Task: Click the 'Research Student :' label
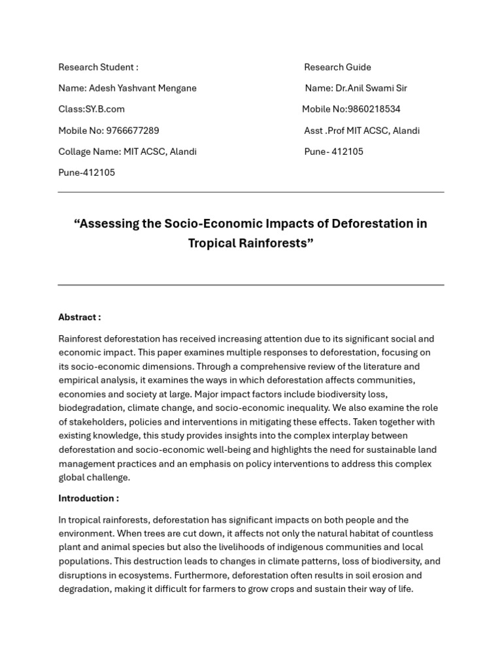[98, 67]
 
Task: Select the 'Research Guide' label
[337, 67]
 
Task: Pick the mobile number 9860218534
[374, 109]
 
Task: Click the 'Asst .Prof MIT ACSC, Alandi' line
[361, 131]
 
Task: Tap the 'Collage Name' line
[127, 152]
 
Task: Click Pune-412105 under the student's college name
[86, 172]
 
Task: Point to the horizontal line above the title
[250, 192]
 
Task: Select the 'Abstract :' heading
[79, 318]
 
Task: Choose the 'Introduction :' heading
[88, 498]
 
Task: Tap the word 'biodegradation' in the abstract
[90, 408]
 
